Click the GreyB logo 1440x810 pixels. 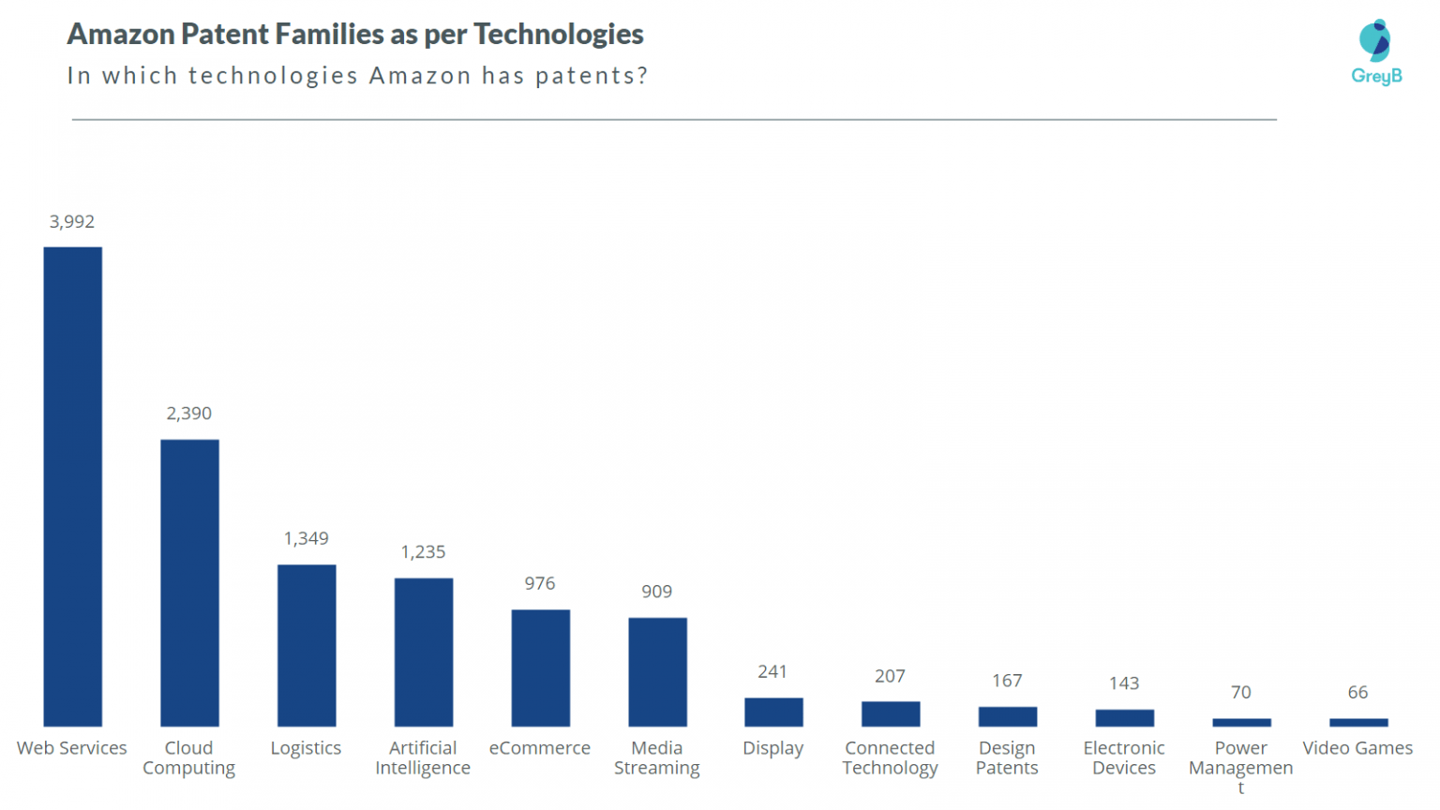point(1375,52)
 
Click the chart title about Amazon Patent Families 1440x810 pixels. point(355,35)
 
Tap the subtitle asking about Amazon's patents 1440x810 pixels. point(357,76)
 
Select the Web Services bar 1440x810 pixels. point(72,487)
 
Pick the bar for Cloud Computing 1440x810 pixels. point(189,582)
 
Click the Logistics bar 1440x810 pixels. point(307,645)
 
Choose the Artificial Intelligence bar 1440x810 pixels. point(424,652)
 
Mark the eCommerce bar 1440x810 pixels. point(540,667)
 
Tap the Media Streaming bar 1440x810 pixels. point(657,671)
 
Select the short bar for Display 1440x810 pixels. point(773,712)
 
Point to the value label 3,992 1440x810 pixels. point(72,222)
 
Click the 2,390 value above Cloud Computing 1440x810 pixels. point(189,413)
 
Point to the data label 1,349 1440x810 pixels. point(307,539)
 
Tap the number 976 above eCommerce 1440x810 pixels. point(540,584)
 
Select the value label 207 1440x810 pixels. point(890,677)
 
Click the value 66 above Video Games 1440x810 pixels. point(1357,693)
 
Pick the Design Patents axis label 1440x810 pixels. point(1007,757)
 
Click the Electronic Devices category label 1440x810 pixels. point(1124,757)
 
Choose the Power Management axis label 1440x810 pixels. point(1240,766)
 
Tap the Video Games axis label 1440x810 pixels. point(1357,748)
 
